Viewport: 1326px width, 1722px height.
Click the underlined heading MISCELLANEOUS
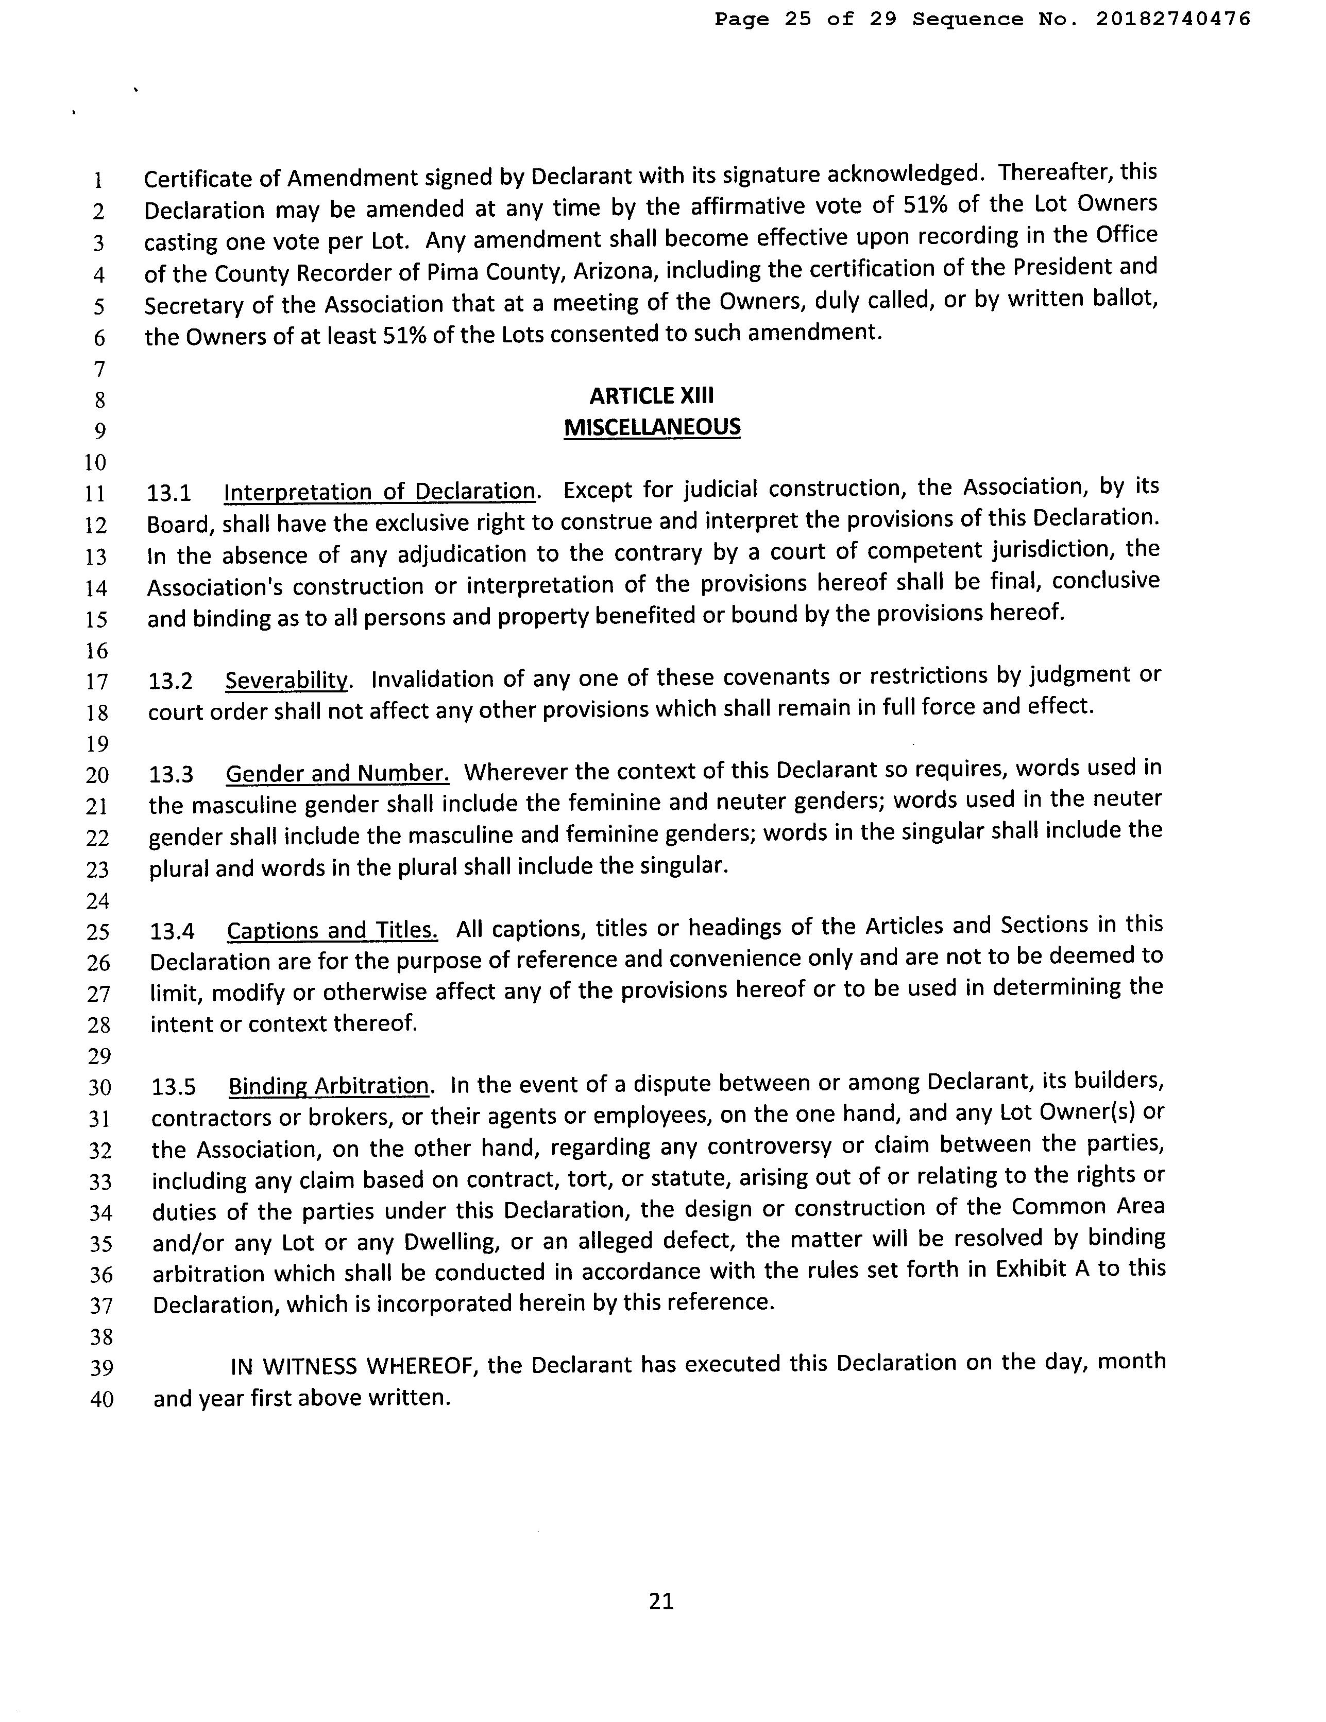[x=652, y=427]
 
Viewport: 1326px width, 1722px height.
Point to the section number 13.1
[x=169, y=493]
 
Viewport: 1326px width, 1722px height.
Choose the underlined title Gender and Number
[x=337, y=773]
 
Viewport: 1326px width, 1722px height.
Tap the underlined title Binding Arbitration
[x=329, y=1086]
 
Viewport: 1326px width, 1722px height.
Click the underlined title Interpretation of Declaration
[x=380, y=491]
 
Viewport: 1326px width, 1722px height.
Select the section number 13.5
[x=174, y=1087]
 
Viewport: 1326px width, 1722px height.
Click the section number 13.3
[x=171, y=774]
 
